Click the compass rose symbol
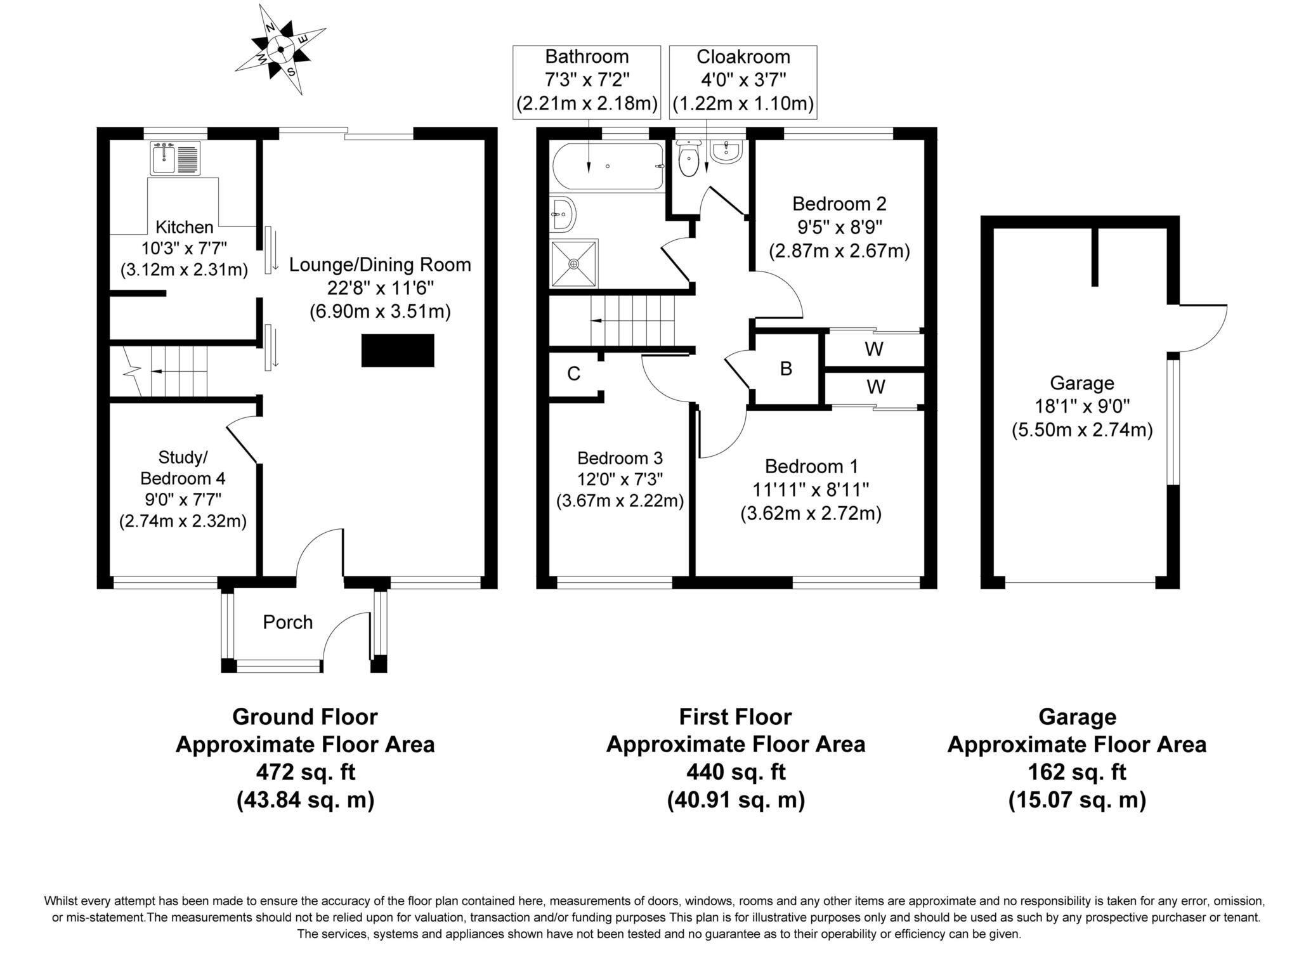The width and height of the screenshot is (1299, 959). coord(280,49)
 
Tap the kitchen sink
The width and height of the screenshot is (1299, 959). coord(175,158)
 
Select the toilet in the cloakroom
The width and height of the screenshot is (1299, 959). coord(688,158)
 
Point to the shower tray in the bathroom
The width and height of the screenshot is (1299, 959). coord(574,263)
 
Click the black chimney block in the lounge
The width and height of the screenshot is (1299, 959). coord(398,350)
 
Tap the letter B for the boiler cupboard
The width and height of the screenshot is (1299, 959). coord(786,369)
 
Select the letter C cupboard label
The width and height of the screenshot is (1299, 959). coord(573,374)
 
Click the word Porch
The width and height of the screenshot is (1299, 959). coord(288,622)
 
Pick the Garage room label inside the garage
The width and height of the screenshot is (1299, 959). coord(1082,383)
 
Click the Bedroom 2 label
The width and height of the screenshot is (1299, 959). coord(839,204)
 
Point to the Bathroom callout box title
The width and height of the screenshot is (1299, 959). coord(587,56)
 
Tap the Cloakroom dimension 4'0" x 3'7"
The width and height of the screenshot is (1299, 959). coord(743,80)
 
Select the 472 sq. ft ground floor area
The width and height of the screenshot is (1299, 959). coord(305,772)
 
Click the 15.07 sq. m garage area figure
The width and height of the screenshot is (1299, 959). coord(1077,800)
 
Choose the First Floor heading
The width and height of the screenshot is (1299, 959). coord(736,717)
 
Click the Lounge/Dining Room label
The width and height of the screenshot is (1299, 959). coord(380,264)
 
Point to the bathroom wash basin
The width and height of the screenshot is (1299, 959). coord(563,214)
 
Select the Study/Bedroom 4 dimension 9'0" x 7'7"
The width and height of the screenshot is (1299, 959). coord(183,500)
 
